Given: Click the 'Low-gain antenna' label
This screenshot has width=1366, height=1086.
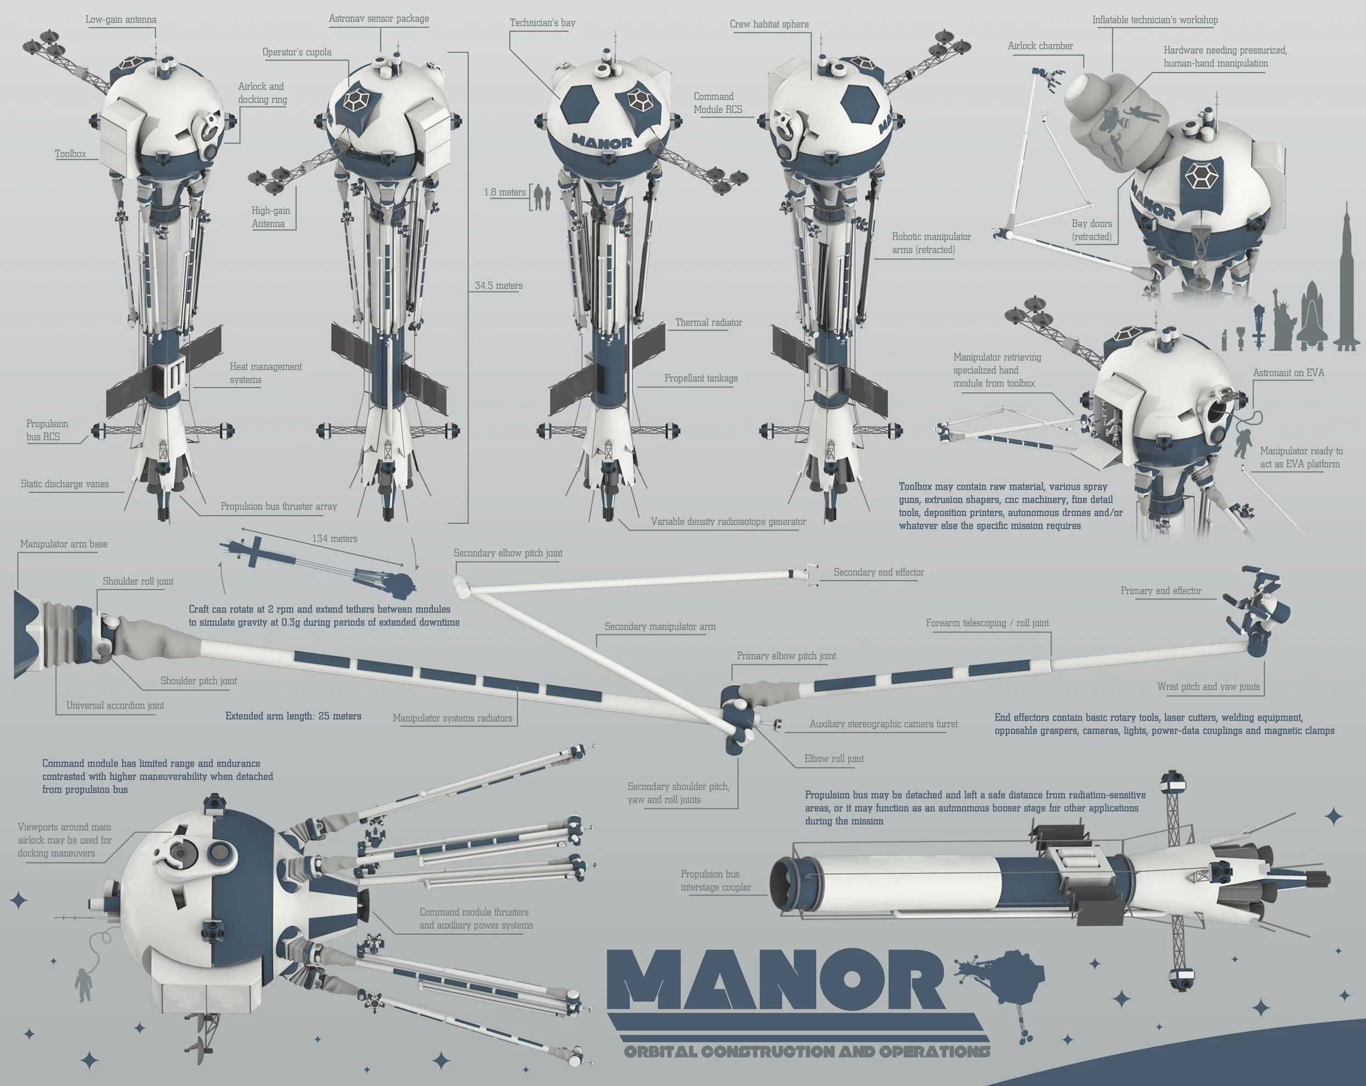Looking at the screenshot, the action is click(x=121, y=20).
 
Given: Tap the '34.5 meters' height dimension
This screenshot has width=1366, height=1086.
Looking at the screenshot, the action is click(x=498, y=286).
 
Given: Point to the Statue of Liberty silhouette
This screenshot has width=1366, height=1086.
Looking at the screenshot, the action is click(x=1284, y=320).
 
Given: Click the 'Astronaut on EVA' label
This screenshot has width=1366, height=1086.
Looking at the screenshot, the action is click(x=1288, y=372).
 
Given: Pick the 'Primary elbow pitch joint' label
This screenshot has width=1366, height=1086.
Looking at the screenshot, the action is click(x=786, y=656).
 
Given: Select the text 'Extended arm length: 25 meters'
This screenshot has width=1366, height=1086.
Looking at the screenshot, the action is click(x=293, y=716).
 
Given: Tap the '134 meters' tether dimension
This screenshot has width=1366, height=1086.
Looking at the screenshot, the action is click(x=335, y=539).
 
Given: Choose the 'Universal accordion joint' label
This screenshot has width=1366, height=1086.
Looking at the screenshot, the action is click(x=115, y=705).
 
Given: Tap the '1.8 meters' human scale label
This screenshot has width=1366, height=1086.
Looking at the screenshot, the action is click(x=505, y=192).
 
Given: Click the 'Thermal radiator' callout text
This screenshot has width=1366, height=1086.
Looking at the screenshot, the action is click(x=708, y=323).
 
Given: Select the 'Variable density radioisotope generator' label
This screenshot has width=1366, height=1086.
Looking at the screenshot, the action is click(x=728, y=522).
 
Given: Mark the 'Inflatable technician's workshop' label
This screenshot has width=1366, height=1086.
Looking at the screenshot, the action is click(x=1154, y=20).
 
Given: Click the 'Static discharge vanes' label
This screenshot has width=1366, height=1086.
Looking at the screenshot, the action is click(x=65, y=484).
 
